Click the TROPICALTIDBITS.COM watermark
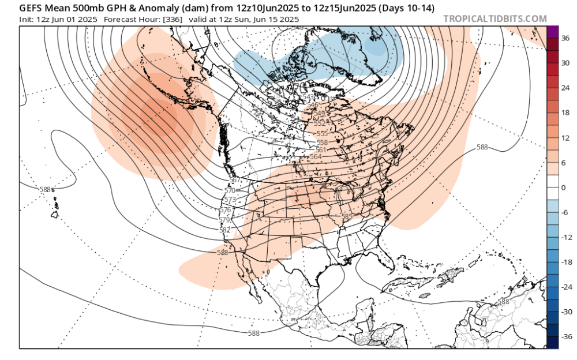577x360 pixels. pyautogui.click(x=495, y=18)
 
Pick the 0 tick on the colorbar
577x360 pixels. pyautogui.click(x=564, y=187)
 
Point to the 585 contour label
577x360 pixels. pyautogui.click(x=347, y=216)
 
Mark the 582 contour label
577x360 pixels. pyautogui.click(x=225, y=230)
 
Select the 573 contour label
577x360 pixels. pyautogui.click(x=230, y=200)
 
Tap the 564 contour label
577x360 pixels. pyautogui.click(x=316, y=156)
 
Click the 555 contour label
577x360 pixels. pyautogui.click(x=322, y=134)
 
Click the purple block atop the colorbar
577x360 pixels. pyautogui.click(x=552, y=32)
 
